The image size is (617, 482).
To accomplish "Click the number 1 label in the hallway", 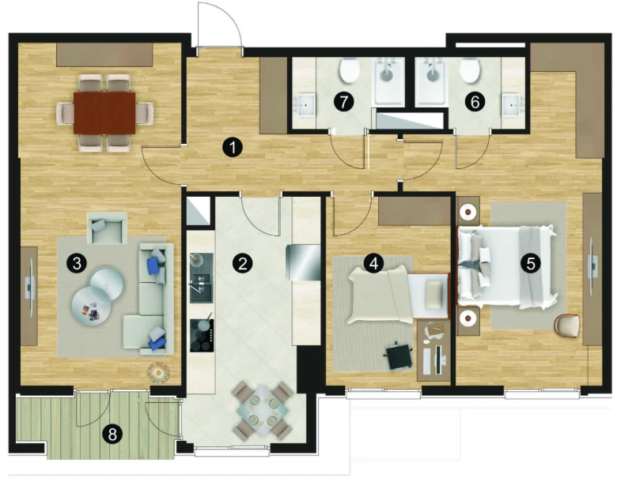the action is (233, 148).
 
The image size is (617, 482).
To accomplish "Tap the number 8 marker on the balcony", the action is (112, 435).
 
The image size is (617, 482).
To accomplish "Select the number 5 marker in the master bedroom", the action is (531, 263).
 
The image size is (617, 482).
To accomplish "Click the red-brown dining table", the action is (104, 113).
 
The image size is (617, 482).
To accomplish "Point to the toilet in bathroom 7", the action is (350, 70).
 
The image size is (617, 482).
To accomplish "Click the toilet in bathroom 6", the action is (469, 70).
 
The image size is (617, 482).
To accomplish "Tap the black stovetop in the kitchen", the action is (202, 334).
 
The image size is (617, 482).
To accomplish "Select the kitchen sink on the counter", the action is (202, 278).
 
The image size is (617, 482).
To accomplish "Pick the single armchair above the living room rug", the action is (107, 228).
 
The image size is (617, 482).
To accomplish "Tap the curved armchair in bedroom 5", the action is (566, 326).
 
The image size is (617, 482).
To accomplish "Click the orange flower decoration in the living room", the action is (158, 371).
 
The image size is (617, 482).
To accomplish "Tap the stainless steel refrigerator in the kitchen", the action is (305, 262).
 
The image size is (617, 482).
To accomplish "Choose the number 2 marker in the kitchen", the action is (242, 263).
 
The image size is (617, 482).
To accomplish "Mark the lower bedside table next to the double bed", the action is (468, 318).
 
